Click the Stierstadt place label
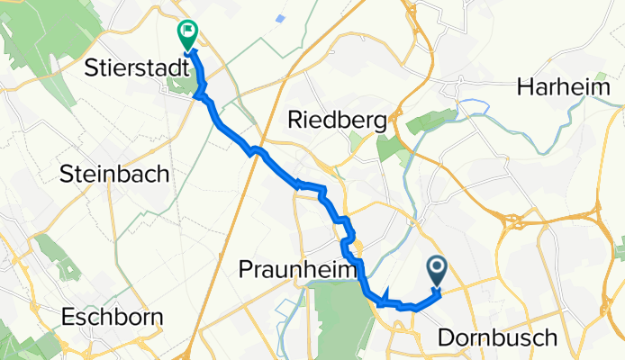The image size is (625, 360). pos(130,68)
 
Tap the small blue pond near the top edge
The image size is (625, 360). pos(281,18)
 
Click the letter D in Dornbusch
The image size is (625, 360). pos(445,337)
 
